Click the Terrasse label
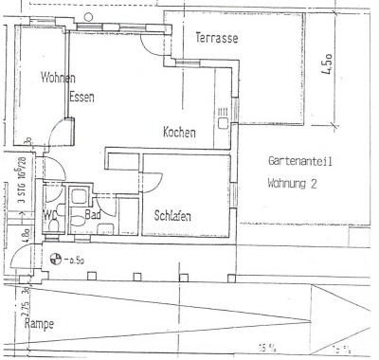pyautogui.click(x=216, y=39)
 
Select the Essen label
pyautogui.click(x=81, y=97)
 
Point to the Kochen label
pyautogui.click(x=179, y=132)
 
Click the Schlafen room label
pyautogui.click(x=172, y=217)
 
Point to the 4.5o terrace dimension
pyautogui.click(x=326, y=63)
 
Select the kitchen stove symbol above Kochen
pyautogui.click(x=224, y=117)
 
